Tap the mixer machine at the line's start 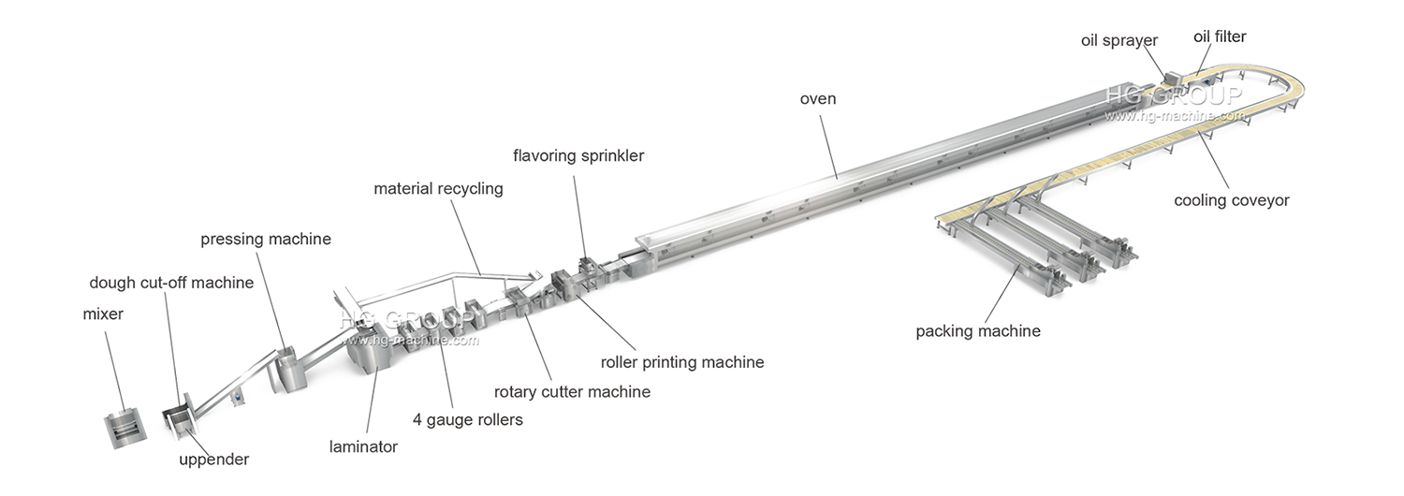coord(124,427)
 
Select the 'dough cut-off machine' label coord(171,283)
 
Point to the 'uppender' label coord(214,460)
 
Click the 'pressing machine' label coord(266,240)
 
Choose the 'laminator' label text coord(363,447)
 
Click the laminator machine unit coord(365,350)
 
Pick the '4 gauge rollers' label coord(467,419)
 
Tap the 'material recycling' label coord(438,189)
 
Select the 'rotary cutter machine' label coord(572,391)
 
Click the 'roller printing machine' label coord(682,362)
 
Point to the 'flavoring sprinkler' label coord(578,155)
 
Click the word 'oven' coord(817,98)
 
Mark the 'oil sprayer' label coord(1119,40)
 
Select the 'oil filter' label coord(1220,36)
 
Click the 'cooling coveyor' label coord(1232,200)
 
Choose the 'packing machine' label coord(978,330)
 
